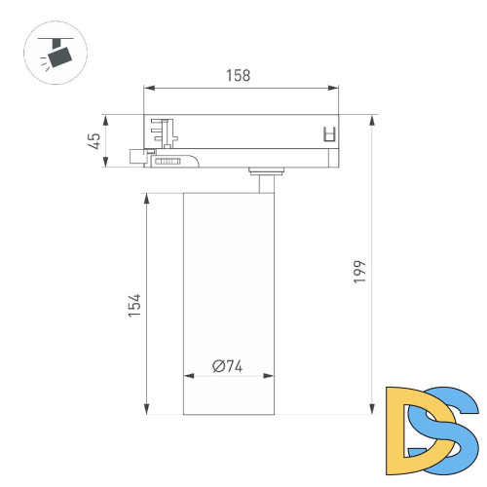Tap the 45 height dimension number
(x=94, y=142)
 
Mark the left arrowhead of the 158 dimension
(x=148, y=88)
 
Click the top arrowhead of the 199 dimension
(x=372, y=120)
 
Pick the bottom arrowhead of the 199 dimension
(x=372, y=411)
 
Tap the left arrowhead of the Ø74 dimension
(x=187, y=376)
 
